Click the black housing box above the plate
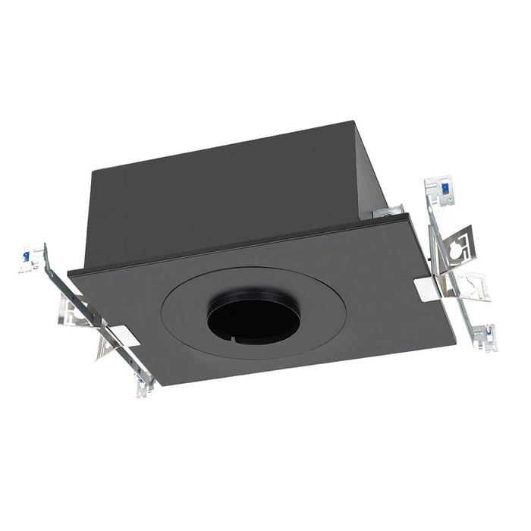228,190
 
